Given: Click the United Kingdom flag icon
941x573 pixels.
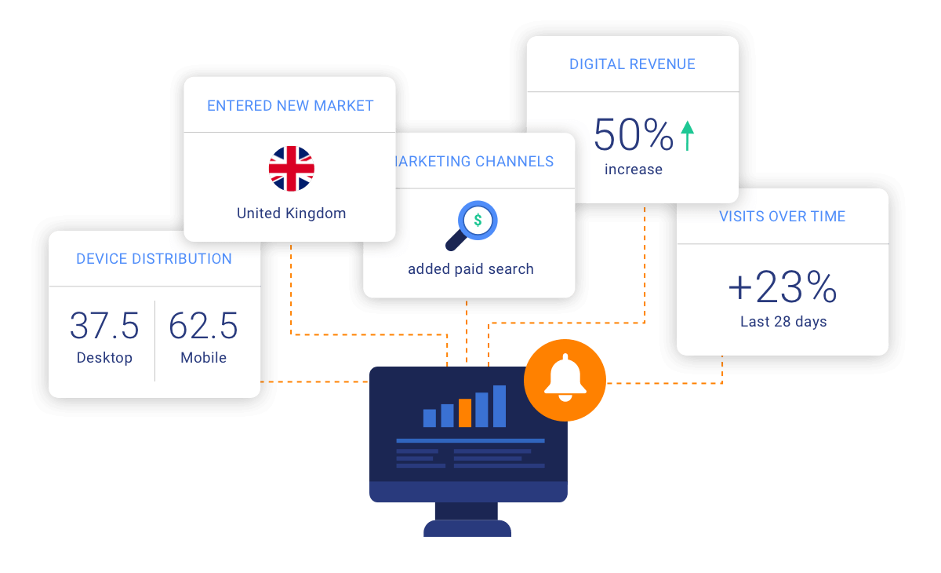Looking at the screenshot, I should (x=292, y=169).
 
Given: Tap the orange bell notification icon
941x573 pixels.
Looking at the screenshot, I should (x=565, y=381).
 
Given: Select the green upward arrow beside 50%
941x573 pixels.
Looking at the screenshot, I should (x=688, y=135).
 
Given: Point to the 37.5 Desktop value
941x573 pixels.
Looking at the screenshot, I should (x=104, y=326).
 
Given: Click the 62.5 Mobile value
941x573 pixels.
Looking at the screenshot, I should (x=203, y=326).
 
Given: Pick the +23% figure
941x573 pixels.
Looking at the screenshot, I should (x=783, y=288).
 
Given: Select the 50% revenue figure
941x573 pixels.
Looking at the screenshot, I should (x=634, y=135).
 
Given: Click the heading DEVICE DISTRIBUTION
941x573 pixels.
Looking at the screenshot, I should (x=154, y=259).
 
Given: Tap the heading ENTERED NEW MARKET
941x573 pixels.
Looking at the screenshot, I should (x=290, y=105).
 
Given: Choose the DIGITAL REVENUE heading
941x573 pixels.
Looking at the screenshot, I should (x=632, y=64).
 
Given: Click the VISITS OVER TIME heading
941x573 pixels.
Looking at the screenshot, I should (x=783, y=217).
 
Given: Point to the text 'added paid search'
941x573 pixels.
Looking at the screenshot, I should (x=470, y=269).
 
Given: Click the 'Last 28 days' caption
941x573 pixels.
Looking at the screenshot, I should (x=783, y=322).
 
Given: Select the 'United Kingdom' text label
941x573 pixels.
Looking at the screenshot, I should (x=291, y=214).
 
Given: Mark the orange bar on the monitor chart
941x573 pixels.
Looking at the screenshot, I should (x=465, y=413).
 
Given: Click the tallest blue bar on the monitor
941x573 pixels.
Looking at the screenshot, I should (x=500, y=406).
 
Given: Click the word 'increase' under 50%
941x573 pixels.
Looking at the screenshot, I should (x=634, y=170).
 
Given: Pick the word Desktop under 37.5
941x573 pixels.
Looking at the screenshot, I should (x=104, y=358).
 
